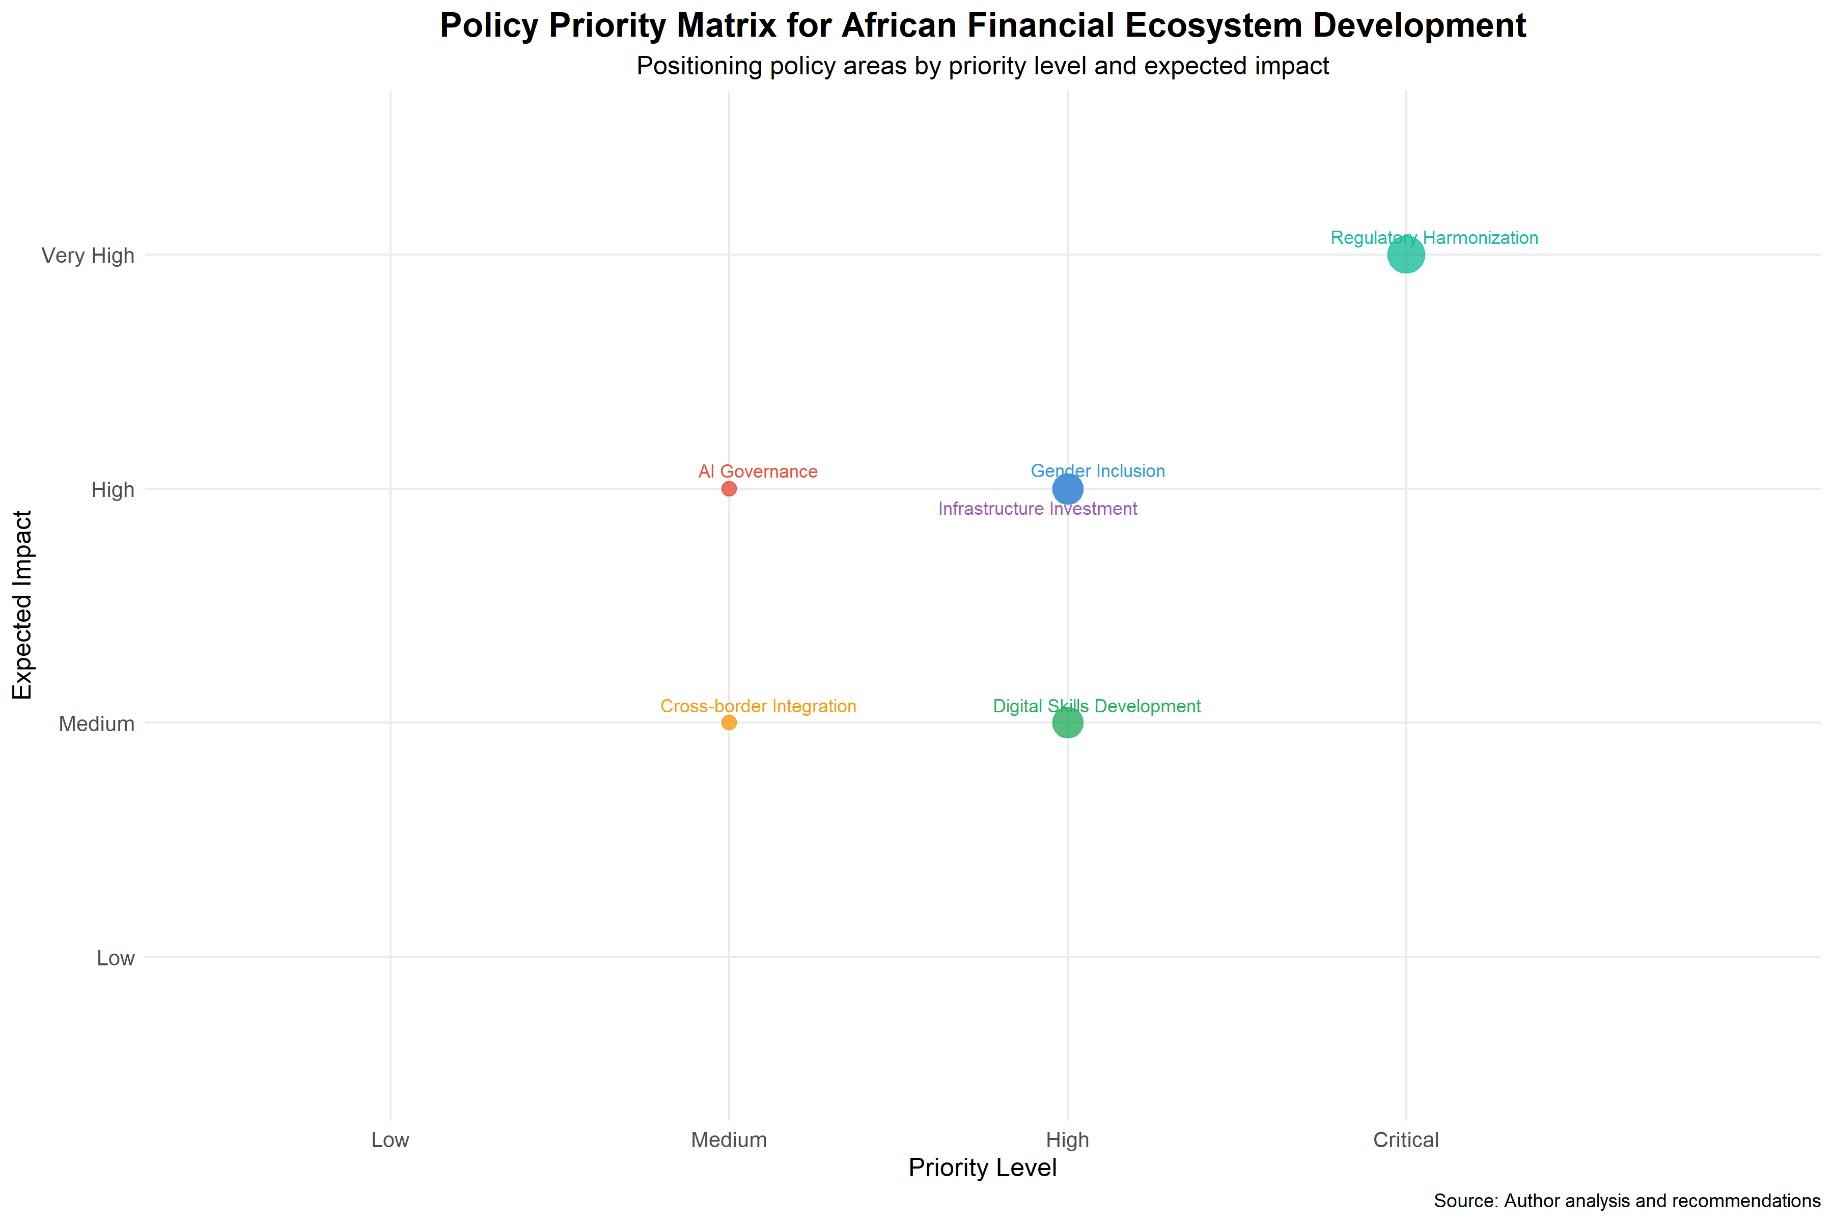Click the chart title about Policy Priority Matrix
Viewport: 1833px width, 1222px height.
pyautogui.click(x=982, y=26)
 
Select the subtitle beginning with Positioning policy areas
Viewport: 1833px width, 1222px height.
pyautogui.click(x=982, y=66)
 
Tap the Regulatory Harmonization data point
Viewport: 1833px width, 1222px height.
pyautogui.click(x=1406, y=255)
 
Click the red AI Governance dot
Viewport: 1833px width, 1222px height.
pyautogui.click(x=729, y=489)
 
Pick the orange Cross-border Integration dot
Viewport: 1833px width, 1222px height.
pyautogui.click(x=729, y=723)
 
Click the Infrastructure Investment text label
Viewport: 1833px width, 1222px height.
pyautogui.click(x=1037, y=509)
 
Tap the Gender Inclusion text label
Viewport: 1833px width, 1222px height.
pyautogui.click(x=1097, y=470)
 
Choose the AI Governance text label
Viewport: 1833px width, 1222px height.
pyautogui.click(x=758, y=471)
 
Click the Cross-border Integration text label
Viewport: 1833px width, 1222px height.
pyautogui.click(x=758, y=706)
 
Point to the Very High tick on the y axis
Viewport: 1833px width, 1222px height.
pyautogui.click(x=88, y=256)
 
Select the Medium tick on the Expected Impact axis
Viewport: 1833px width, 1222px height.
pyautogui.click(x=97, y=724)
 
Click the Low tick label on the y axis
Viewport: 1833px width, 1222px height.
pyautogui.click(x=116, y=958)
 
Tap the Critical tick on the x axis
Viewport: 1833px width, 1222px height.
pyautogui.click(x=1406, y=1140)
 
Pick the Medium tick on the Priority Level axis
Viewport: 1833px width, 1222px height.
pyautogui.click(x=729, y=1140)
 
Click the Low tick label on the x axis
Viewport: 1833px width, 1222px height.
pyautogui.click(x=390, y=1140)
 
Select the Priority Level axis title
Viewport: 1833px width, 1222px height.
pyautogui.click(x=982, y=1168)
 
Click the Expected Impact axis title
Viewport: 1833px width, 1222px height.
pyautogui.click(x=22, y=605)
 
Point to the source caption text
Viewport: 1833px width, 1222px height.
pyautogui.click(x=1626, y=1201)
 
